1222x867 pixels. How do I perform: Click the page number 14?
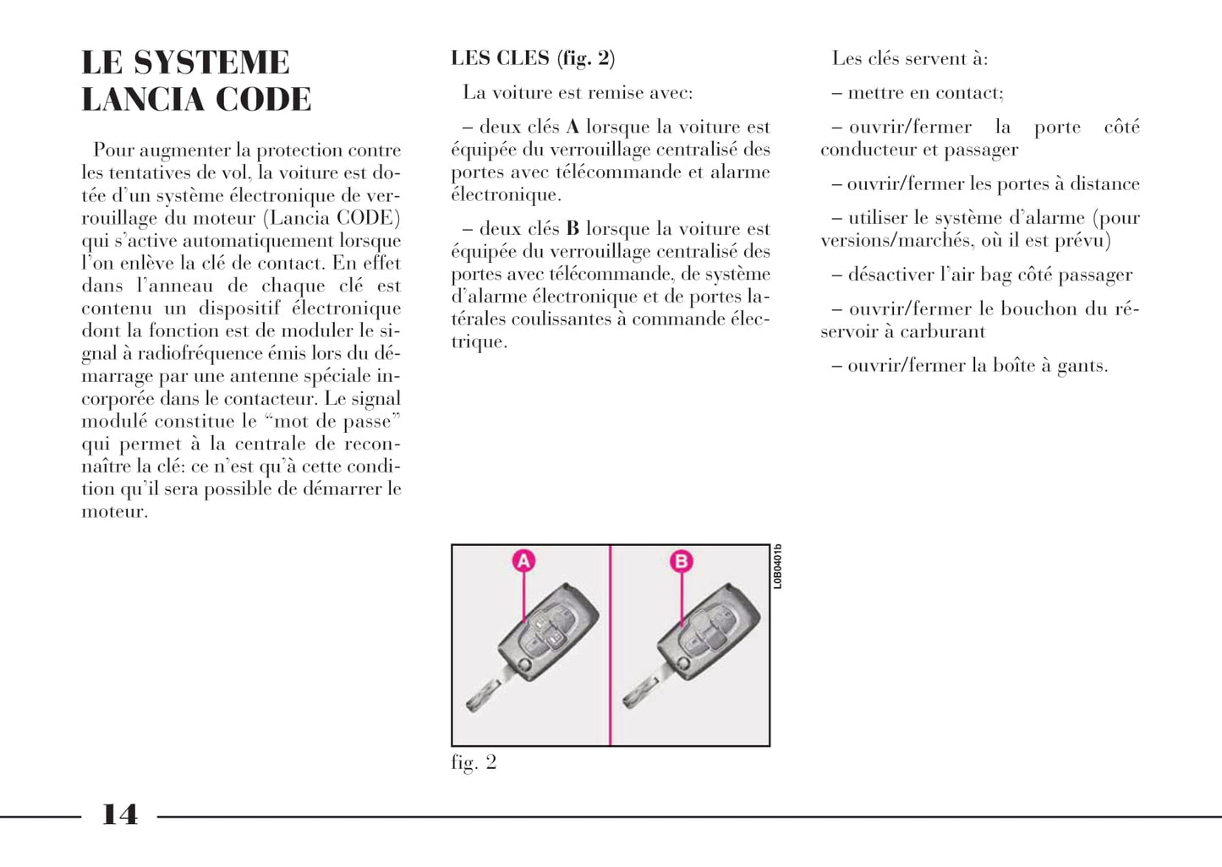coord(119,815)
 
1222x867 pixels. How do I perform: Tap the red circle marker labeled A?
coord(524,561)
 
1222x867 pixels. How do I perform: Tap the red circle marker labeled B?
coord(681,561)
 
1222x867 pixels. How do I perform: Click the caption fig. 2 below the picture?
coord(474,762)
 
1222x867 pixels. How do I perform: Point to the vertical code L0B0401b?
coord(777,567)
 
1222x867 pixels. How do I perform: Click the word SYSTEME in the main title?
coord(211,63)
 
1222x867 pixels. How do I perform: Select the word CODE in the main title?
coord(264,101)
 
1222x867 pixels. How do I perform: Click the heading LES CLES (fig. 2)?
coord(533,58)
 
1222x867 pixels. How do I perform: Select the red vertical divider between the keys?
coord(610,646)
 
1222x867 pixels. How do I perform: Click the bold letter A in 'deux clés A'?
coord(573,128)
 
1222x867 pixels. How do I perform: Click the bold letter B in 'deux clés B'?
coord(573,229)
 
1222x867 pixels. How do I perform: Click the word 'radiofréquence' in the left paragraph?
coord(208,354)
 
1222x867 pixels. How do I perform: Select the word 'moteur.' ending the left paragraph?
coord(114,512)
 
